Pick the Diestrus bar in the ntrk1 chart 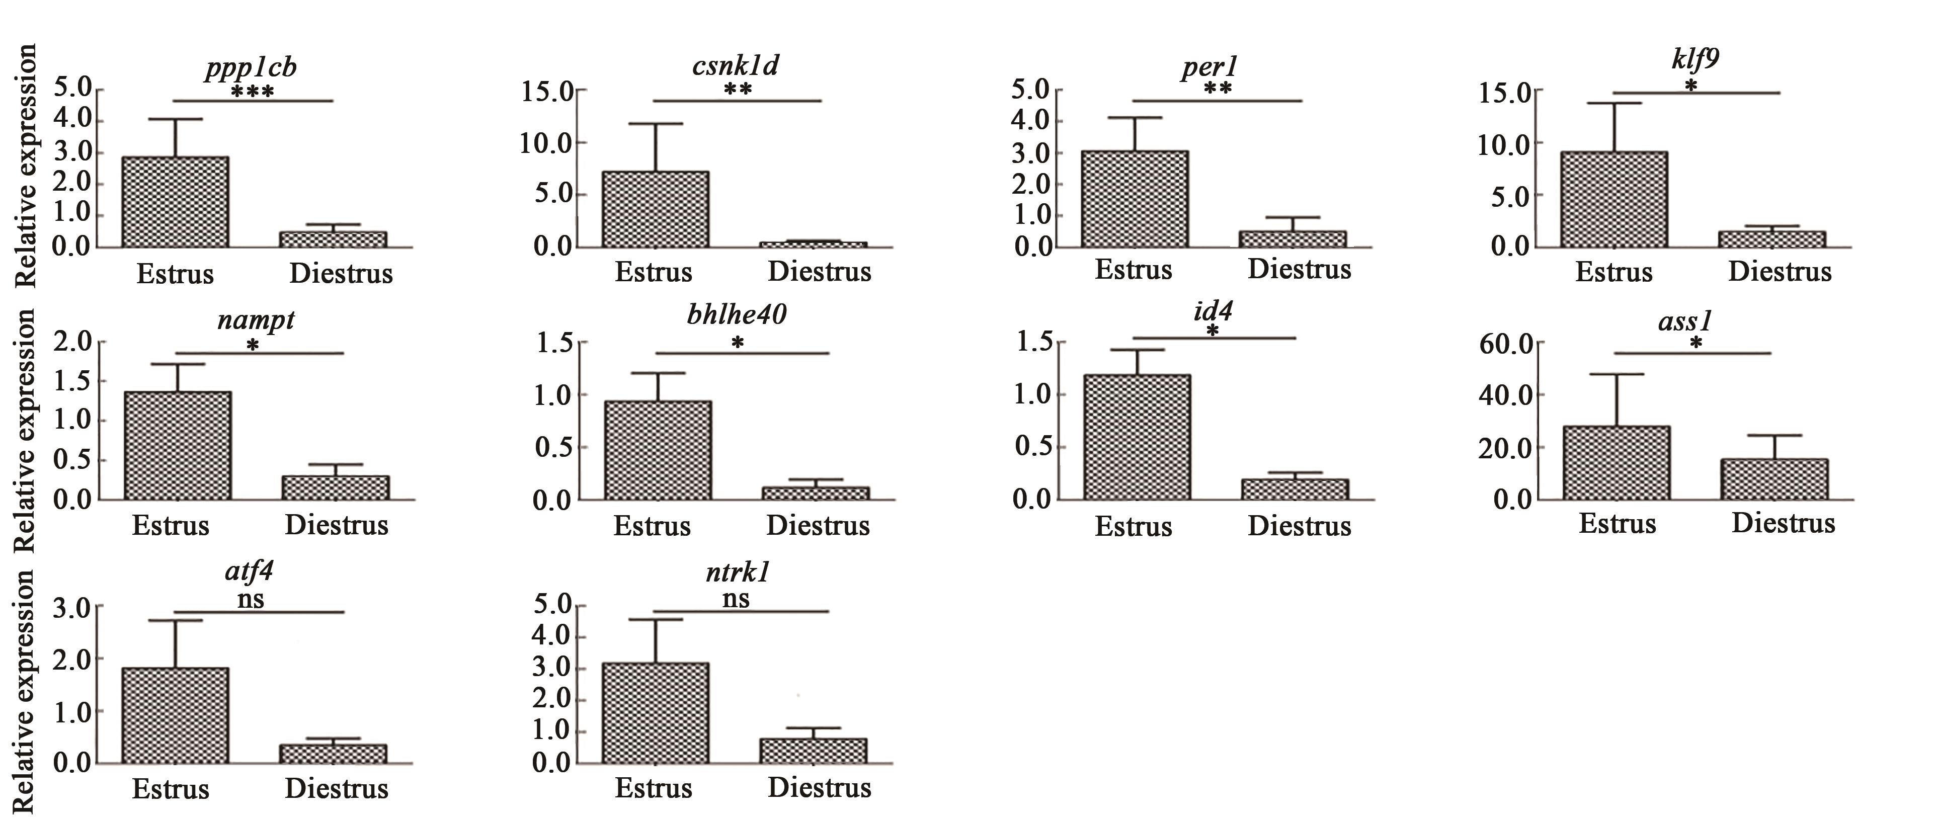coord(813,751)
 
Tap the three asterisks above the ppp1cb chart coord(252,93)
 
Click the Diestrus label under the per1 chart coord(1300,269)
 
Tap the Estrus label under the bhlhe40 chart coord(651,525)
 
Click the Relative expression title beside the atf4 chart coord(26,690)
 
